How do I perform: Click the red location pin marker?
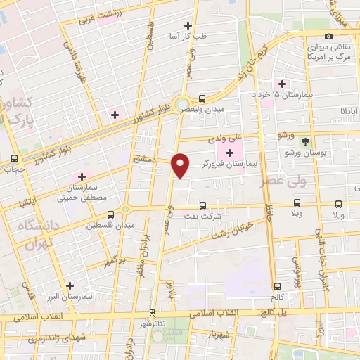[x=181, y=165]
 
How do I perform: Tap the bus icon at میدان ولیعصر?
[x=202, y=99]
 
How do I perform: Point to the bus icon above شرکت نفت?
[x=203, y=206]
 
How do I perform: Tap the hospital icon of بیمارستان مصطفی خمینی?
[x=82, y=176]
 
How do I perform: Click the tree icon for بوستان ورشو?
[x=304, y=141]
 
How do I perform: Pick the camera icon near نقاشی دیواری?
[x=328, y=36]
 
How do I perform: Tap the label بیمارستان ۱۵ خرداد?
[x=281, y=95]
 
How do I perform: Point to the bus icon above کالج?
[x=277, y=285]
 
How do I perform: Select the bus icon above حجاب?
[x=15, y=158]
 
